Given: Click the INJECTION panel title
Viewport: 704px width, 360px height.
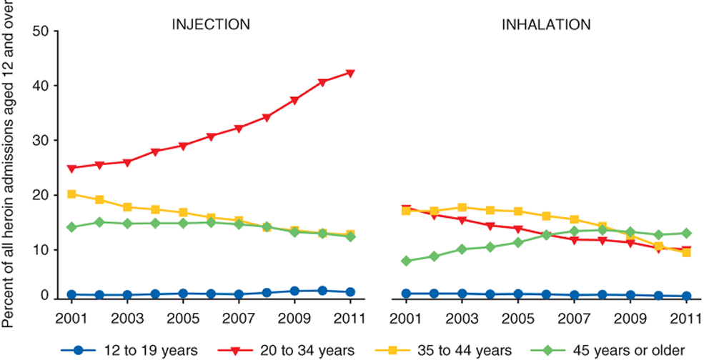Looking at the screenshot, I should [210, 24].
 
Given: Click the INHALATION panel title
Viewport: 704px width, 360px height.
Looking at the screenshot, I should [545, 24].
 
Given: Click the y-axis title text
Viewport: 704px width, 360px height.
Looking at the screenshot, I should [9, 164].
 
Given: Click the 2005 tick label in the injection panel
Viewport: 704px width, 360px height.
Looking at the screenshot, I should [182, 317].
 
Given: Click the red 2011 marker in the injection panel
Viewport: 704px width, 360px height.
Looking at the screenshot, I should [350, 73].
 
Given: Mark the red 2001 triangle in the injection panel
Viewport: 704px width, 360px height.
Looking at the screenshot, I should [71, 169].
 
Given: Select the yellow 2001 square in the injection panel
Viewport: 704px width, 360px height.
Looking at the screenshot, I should [71, 194].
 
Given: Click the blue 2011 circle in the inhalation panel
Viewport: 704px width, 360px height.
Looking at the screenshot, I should [686, 296].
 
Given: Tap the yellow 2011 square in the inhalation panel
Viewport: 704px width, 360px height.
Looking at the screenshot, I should [686, 252].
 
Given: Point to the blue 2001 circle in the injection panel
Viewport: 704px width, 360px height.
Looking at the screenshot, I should [71, 294].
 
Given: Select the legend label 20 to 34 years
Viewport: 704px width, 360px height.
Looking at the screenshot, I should [312, 350].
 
